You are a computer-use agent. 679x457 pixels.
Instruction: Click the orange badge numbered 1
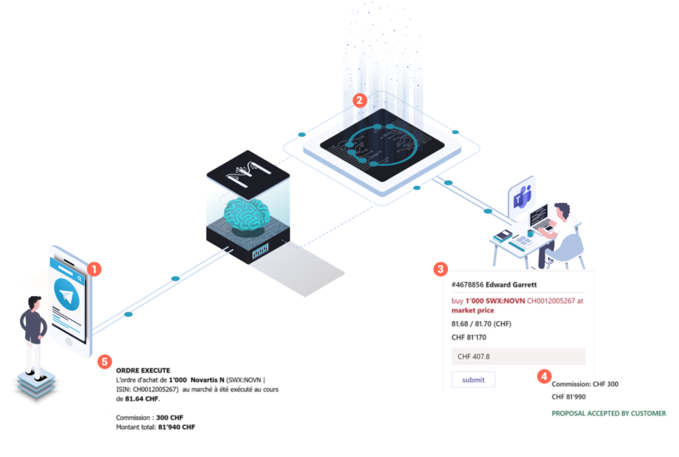[94, 270]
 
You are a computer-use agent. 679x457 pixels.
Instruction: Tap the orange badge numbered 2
[359, 100]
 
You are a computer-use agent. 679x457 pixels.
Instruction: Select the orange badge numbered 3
[440, 270]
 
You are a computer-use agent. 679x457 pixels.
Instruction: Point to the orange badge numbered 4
[544, 377]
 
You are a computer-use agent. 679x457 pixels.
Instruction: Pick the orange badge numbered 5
[104, 362]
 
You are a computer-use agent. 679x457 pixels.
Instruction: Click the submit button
[473, 380]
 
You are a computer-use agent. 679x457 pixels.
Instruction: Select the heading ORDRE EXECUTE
[143, 370]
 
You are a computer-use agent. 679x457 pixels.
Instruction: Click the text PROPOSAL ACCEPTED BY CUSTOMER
[609, 413]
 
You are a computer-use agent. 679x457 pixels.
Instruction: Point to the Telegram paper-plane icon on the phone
[69, 298]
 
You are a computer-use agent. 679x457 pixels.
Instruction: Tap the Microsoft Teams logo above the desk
[521, 198]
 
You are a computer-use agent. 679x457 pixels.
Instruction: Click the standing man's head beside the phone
[33, 302]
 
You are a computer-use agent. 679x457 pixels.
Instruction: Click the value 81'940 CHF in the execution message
[176, 427]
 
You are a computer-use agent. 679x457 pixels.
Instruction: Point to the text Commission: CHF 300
[585, 384]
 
